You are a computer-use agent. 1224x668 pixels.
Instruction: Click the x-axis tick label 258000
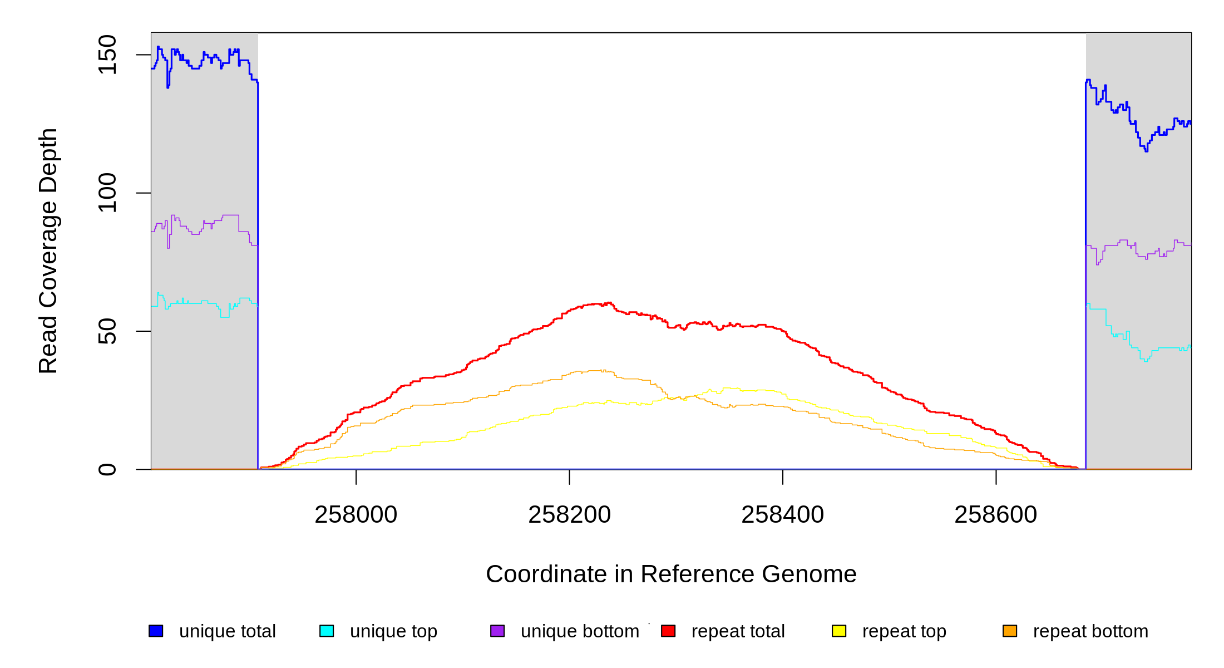(356, 515)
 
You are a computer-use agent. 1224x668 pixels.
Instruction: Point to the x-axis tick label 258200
(569, 515)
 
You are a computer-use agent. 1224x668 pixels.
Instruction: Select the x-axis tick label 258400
(782, 515)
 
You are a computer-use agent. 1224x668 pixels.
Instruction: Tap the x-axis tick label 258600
(995, 515)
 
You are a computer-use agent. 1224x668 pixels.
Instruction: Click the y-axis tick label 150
(107, 55)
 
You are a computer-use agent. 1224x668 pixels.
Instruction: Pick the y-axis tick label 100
(107, 193)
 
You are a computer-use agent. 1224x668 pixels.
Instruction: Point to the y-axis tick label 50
(107, 331)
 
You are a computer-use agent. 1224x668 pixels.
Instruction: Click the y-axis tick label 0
(107, 469)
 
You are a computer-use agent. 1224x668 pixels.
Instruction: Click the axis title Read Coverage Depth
(48, 250)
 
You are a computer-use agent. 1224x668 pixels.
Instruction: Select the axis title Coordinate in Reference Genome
(671, 574)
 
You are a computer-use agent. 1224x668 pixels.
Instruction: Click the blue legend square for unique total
(156, 631)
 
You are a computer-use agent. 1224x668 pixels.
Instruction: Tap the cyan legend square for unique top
(327, 631)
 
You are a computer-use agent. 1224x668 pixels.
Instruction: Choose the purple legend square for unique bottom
(497, 631)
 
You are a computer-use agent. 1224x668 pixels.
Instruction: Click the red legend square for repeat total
(668, 631)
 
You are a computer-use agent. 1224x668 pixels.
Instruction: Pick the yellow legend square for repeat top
(839, 631)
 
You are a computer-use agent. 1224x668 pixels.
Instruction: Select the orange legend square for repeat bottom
(1010, 631)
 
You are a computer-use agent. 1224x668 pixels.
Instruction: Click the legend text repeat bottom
(1090, 631)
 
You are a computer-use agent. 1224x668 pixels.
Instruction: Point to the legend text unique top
(393, 631)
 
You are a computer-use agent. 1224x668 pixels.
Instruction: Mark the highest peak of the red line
(610, 303)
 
